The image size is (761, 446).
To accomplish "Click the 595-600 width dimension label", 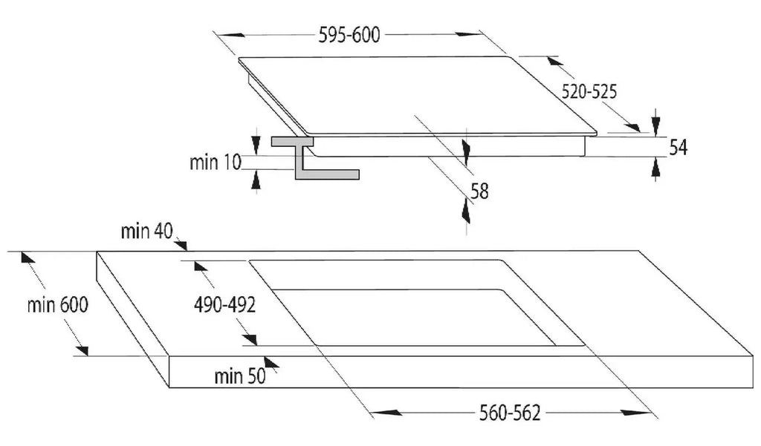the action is click(349, 35).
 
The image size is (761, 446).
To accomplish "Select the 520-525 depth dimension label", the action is click(589, 91).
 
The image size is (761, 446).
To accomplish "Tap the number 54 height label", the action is click(678, 148).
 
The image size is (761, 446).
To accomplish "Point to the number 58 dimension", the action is click(479, 191).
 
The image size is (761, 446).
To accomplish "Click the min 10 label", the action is click(215, 162).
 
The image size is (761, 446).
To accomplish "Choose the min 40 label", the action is click(146, 231).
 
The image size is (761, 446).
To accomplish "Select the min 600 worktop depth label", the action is click(58, 304).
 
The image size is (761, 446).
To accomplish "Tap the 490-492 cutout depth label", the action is click(224, 304).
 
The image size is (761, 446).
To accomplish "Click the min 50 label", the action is click(240, 376).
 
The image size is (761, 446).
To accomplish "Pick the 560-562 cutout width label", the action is click(510, 413).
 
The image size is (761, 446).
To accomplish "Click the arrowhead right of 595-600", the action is click(468, 34).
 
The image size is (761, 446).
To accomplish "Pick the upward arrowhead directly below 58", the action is click(466, 211).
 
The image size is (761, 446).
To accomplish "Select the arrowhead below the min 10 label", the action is click(256, 180).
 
